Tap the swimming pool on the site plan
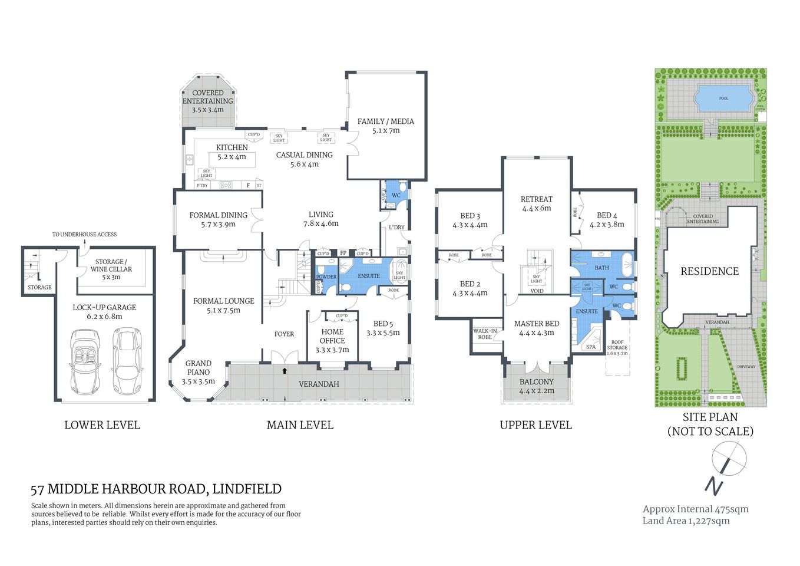[723, 98]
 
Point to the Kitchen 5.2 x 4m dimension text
[232, 157]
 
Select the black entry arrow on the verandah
[285, 371]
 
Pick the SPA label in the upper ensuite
[591, 347]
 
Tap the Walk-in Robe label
[485, 334]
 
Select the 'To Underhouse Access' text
[84, 234]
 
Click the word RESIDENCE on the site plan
[709, 271]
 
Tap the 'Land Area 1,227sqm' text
[686, 521]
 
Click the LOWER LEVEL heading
[102, 425]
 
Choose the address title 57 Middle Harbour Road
[156, 489]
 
